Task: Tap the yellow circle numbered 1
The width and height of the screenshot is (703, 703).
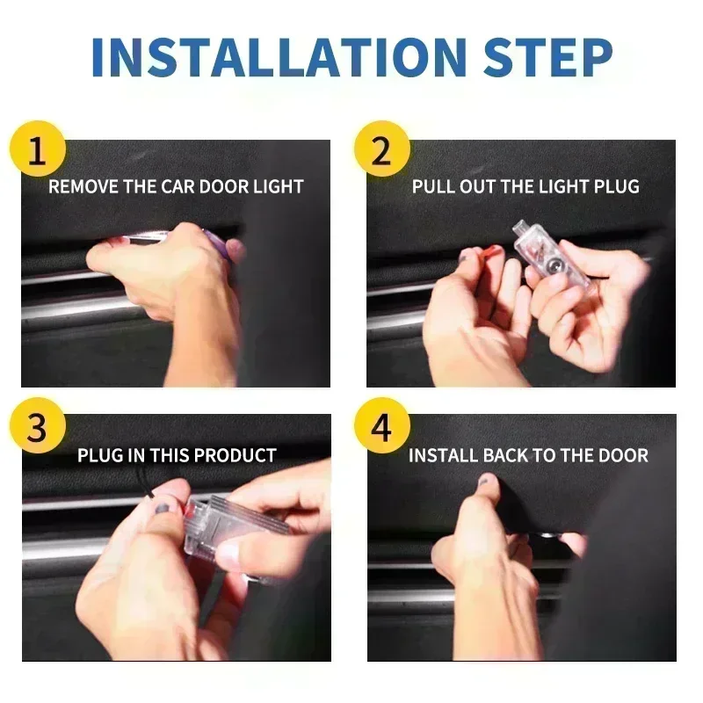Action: (x=36, y=149)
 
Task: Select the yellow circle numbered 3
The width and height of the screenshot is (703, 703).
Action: (x=36, y=430)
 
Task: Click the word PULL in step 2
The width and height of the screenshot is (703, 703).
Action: (x=431, y=186)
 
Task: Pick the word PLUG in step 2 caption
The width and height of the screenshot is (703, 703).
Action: (x=616, y=186)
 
